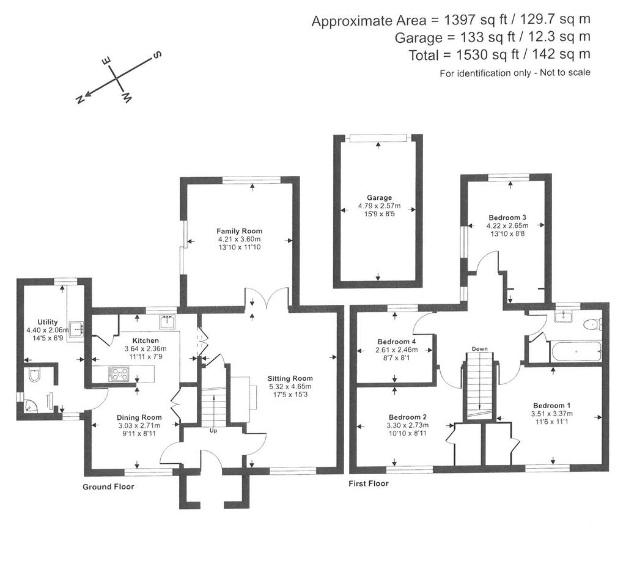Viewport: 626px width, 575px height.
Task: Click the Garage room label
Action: coord(379,197)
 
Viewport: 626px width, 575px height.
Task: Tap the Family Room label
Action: coord(239,231)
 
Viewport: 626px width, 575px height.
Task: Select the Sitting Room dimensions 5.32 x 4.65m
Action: coord(290,387)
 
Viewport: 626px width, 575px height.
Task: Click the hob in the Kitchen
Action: coord(119,375)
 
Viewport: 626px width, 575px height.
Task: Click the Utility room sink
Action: coord(75,329)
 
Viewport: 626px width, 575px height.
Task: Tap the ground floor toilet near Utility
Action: coord(34,375)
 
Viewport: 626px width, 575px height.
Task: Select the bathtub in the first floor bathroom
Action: coord(575,351)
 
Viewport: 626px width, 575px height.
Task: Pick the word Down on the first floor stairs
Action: coord(479,349)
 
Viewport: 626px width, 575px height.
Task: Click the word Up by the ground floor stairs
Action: coord(213,431)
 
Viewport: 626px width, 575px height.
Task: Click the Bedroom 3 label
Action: coord(507,218)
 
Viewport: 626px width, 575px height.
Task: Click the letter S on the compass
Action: coord(157,54)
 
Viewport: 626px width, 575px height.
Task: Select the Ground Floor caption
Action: coord(108,487)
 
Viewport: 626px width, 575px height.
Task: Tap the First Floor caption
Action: coord(369,483)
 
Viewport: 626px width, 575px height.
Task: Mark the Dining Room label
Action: coord(139,418)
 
